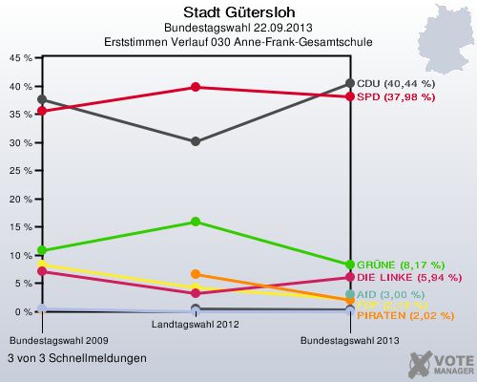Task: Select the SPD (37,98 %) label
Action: (x=397, y=97)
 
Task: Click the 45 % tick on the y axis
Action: (x=22, y=58)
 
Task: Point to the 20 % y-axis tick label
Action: (x=22, y=200)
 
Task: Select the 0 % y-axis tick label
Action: (x=25, y=312)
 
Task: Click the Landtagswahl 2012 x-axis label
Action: (x=196, y=325)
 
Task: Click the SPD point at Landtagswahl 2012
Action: (x=196, y=87)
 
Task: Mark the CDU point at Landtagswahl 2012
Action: (x=196, y=141)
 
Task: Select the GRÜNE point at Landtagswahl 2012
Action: (x=196, y=222)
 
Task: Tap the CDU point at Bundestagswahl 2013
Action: (x=350, y=84)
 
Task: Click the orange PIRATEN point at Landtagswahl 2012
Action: (x=196, y=274)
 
